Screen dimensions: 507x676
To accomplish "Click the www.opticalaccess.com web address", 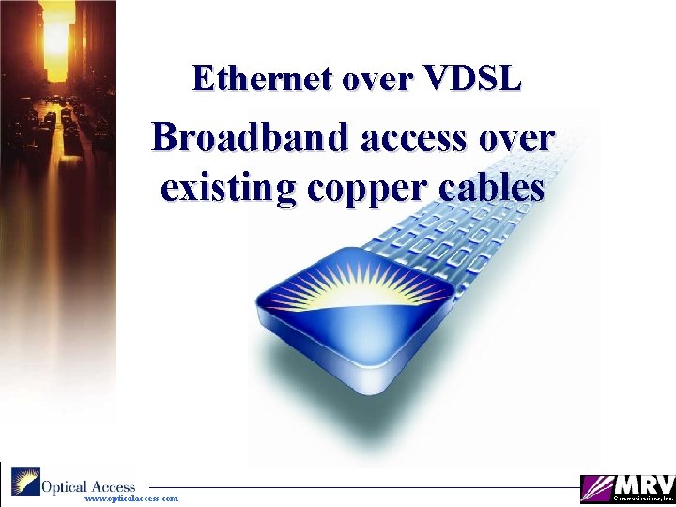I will pyautogui.click(x=131, y=499).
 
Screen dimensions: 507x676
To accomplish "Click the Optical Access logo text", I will pyautogui.click(x=88, y=486).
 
